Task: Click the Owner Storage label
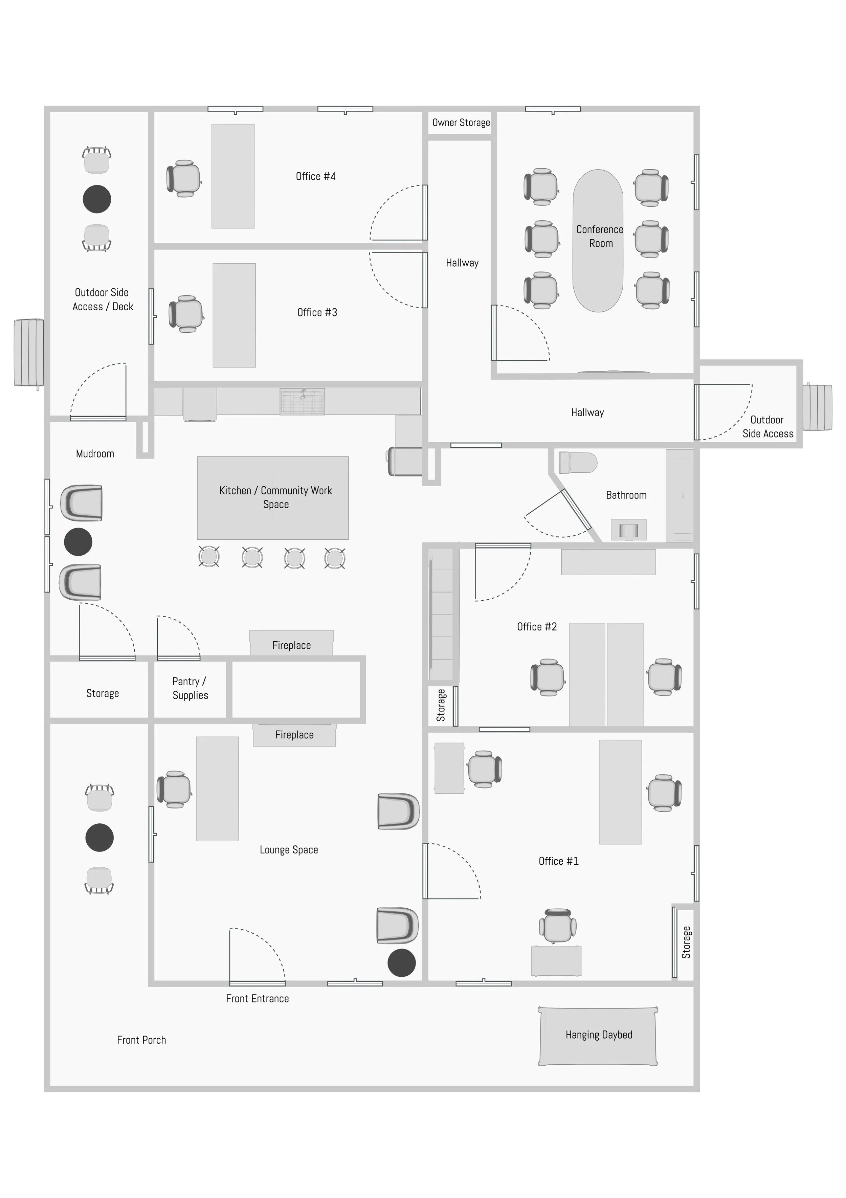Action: [x=461, y=123]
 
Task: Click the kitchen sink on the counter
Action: [x=302, y=401]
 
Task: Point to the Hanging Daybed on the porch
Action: [x=598, y=1035]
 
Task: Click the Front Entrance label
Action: [x=257, y=999]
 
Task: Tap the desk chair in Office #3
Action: [x=186, y=314]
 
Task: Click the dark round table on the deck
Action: [x=97, y=199]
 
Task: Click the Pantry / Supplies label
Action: [x=190, y=688]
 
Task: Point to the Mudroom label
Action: [x=95, y=454]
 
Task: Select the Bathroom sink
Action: [x=628, y=530]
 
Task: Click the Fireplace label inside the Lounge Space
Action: [x=294, y=735]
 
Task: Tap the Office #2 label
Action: [x=536, y=627]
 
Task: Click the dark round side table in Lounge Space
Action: [x=401, y=963]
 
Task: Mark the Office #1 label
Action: [x=558, y=862]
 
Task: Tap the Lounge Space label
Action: [x=289, y=850]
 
